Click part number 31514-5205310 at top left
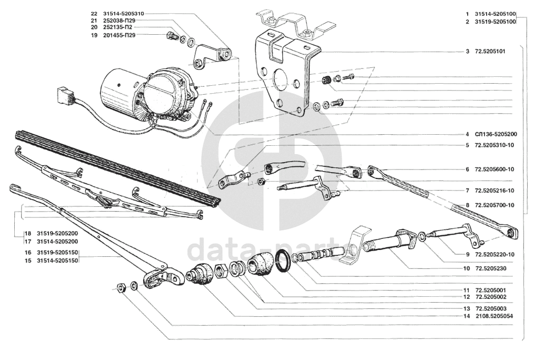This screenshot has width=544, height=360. coord(123,14)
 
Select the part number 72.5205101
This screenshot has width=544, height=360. coord(490,52)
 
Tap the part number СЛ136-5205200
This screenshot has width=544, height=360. coord(496,134)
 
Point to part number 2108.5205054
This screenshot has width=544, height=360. coord(494,316)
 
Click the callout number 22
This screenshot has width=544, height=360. coord(94,14)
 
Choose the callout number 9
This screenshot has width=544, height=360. coord(467,254)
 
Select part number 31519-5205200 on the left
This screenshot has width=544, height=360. coord(57,233)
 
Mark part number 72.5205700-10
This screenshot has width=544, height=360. coord(494,205)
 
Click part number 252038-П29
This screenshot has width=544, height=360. coord(119,21)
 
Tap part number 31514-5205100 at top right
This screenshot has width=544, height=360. coord(495,14)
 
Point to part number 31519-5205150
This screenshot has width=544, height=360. coord(57,253)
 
